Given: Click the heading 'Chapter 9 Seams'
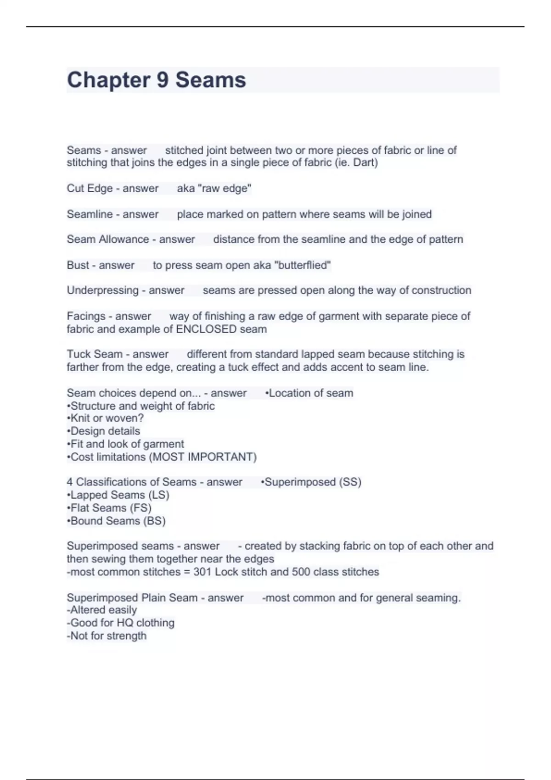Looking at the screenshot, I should [157, 80].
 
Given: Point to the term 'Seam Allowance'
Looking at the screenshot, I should [108, 240].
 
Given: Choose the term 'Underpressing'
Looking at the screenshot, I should [102, 290].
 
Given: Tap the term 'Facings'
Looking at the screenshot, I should [86, 316].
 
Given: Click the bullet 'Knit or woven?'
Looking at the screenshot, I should [106, 418].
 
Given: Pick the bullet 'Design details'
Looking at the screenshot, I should [104, 431].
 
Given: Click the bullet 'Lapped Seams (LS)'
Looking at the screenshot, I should [118, 495].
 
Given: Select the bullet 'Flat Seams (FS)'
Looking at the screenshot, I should [110, 508].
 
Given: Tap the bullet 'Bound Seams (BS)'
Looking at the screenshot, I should [117, 521].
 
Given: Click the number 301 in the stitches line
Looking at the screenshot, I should [202, 572].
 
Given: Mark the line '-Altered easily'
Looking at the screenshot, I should [102, 610].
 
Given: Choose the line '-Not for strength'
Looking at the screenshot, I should [107, 636].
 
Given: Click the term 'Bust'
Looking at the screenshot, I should [78, 265].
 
